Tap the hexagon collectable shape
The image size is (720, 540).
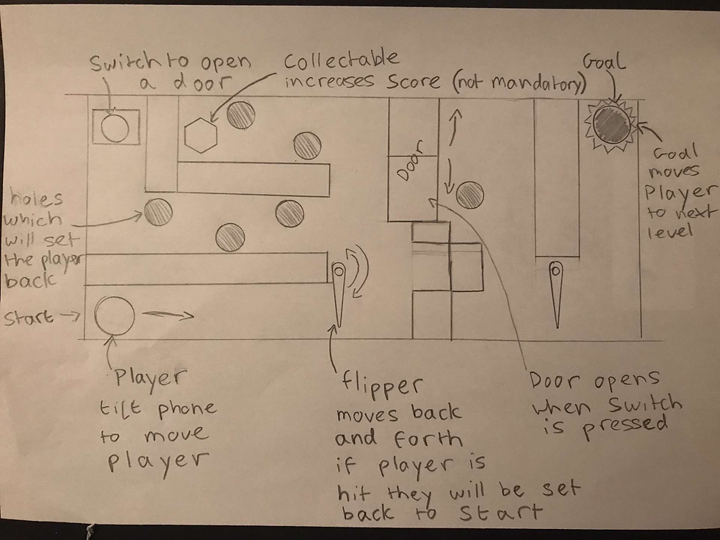tap(201, 135)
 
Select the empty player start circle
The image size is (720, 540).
tap(115, 317)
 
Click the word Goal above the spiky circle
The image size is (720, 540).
tap(604, 62)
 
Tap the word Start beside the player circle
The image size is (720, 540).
tap(29, 317)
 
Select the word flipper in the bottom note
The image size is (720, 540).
tap(381, 386)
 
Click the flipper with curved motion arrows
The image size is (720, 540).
tap(339, 295)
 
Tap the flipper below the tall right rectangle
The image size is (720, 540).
tap(556, 295)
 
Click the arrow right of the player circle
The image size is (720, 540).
tap(168, 315)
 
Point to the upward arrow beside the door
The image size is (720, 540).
tap(455, 126)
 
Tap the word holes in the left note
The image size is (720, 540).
tap(36, 198)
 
